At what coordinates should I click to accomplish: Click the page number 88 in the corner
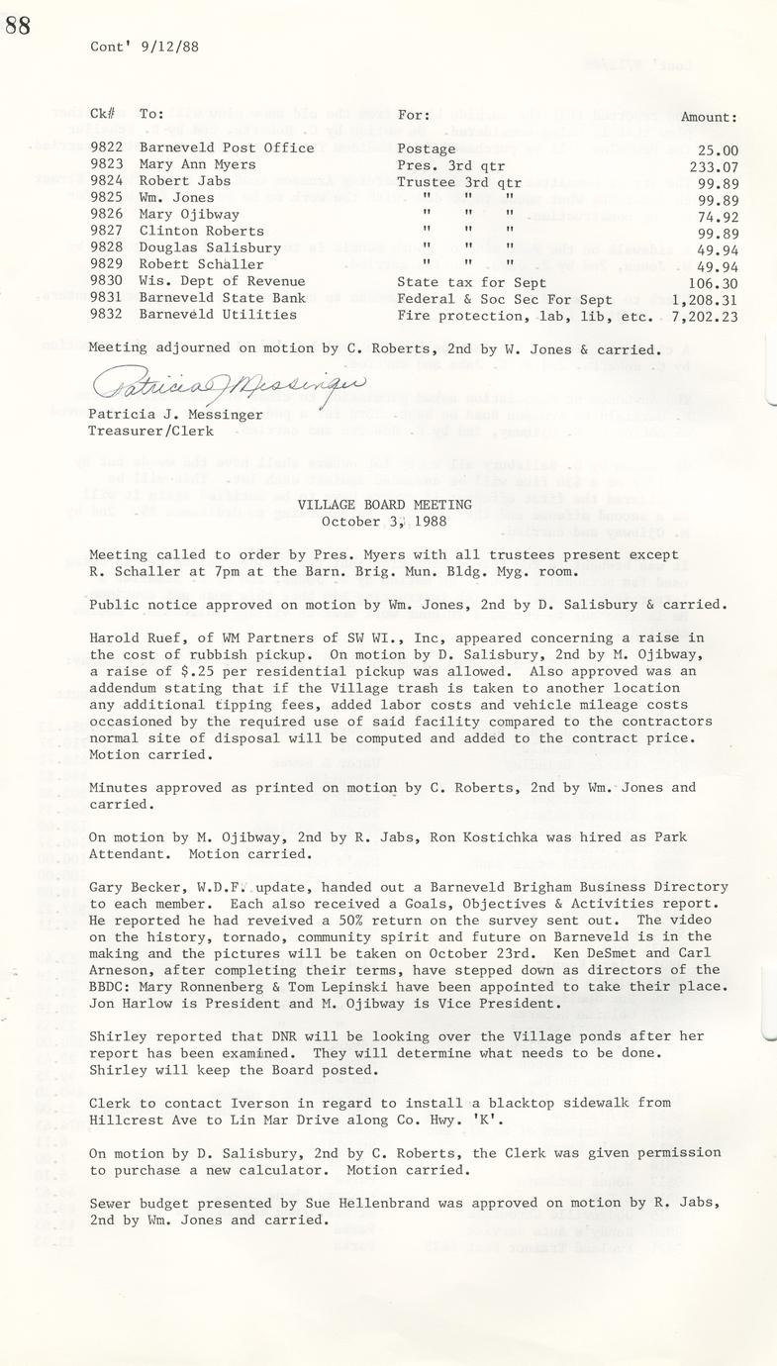pos(18,25)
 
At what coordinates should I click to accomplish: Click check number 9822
pos(105,148)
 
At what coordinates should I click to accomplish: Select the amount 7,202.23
pos(703,315)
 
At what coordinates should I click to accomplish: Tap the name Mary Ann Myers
pos(197,165)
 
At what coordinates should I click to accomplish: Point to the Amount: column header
pos(709,116)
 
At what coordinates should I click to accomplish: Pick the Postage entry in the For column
pos(427,148)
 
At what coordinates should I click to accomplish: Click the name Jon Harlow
pos(130,1004)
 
